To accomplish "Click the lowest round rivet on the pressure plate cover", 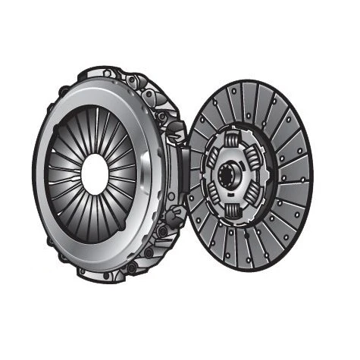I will (x=132, y=268).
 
